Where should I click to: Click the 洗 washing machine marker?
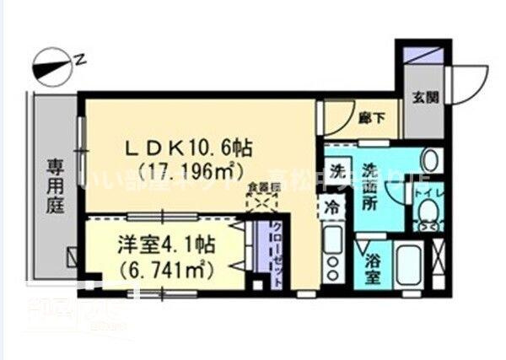tap(337, 169)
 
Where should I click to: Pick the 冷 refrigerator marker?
tap(336, 204)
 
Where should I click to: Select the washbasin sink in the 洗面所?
tap(429, 159)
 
